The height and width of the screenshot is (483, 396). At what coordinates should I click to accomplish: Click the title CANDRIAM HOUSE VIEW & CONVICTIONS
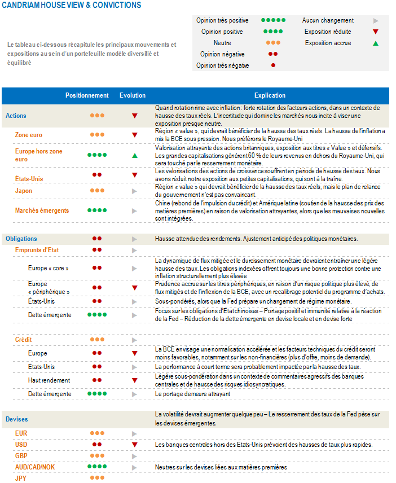click(71, 5)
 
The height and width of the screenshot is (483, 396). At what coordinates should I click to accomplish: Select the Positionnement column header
click(87, 95)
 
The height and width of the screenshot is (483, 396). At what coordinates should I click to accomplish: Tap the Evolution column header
click(133, 95)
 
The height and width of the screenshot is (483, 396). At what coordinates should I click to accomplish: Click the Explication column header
click(270, 95)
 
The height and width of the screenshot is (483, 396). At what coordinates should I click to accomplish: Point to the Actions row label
click(16, 116)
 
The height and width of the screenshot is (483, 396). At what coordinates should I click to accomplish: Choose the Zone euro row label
click(28, 135)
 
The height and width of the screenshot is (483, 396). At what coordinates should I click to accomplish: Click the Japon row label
click(24, 191)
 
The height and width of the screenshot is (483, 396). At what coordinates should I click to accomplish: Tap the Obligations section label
click(21, 239)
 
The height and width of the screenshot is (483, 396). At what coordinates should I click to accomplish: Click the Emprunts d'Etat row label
click(37, 249)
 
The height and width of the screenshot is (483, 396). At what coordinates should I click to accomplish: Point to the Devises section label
click(17, 419)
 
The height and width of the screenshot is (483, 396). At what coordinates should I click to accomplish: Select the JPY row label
click(21, 478)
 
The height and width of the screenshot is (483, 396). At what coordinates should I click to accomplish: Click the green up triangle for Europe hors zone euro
click(135, 155)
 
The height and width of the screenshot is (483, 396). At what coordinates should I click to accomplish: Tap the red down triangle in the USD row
click(135, 445)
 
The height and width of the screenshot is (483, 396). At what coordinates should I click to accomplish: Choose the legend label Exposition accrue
click(328, 43)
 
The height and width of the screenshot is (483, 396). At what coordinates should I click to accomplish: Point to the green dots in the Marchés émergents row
click(97, 210)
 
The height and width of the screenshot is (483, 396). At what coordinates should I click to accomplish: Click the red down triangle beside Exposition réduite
click(376, 32)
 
